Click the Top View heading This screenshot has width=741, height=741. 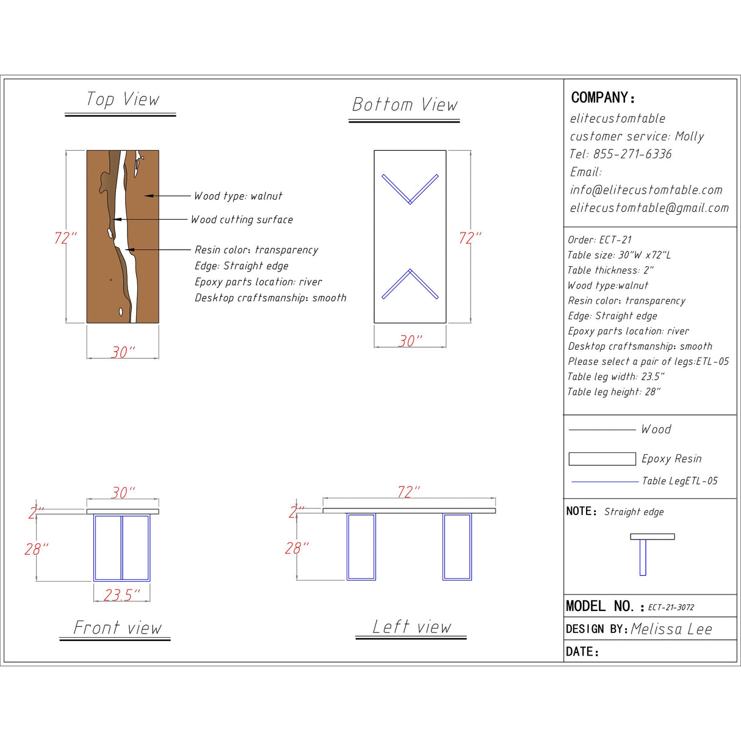point(123,99)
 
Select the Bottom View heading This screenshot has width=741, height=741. point(405,104)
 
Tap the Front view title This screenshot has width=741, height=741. point(118,627)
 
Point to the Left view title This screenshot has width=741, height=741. point(411,626)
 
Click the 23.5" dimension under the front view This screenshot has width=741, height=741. point(121,595)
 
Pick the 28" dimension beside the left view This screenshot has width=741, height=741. point(297,548)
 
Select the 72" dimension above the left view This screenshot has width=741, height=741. point(409,492)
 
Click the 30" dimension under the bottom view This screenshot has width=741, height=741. point(410,341)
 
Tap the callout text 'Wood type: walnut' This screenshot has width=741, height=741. point(238,196)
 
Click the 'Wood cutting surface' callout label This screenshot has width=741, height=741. point(242,220)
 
